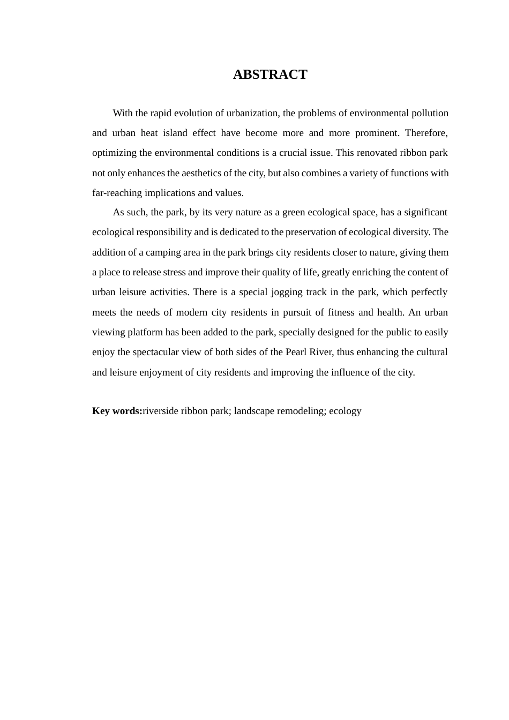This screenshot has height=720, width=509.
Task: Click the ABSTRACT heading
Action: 270,74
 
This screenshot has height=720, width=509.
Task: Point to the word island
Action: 173,133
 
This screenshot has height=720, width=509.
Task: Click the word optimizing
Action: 115,153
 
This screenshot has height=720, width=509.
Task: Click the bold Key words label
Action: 117,411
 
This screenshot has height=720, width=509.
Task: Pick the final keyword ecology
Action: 345,411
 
